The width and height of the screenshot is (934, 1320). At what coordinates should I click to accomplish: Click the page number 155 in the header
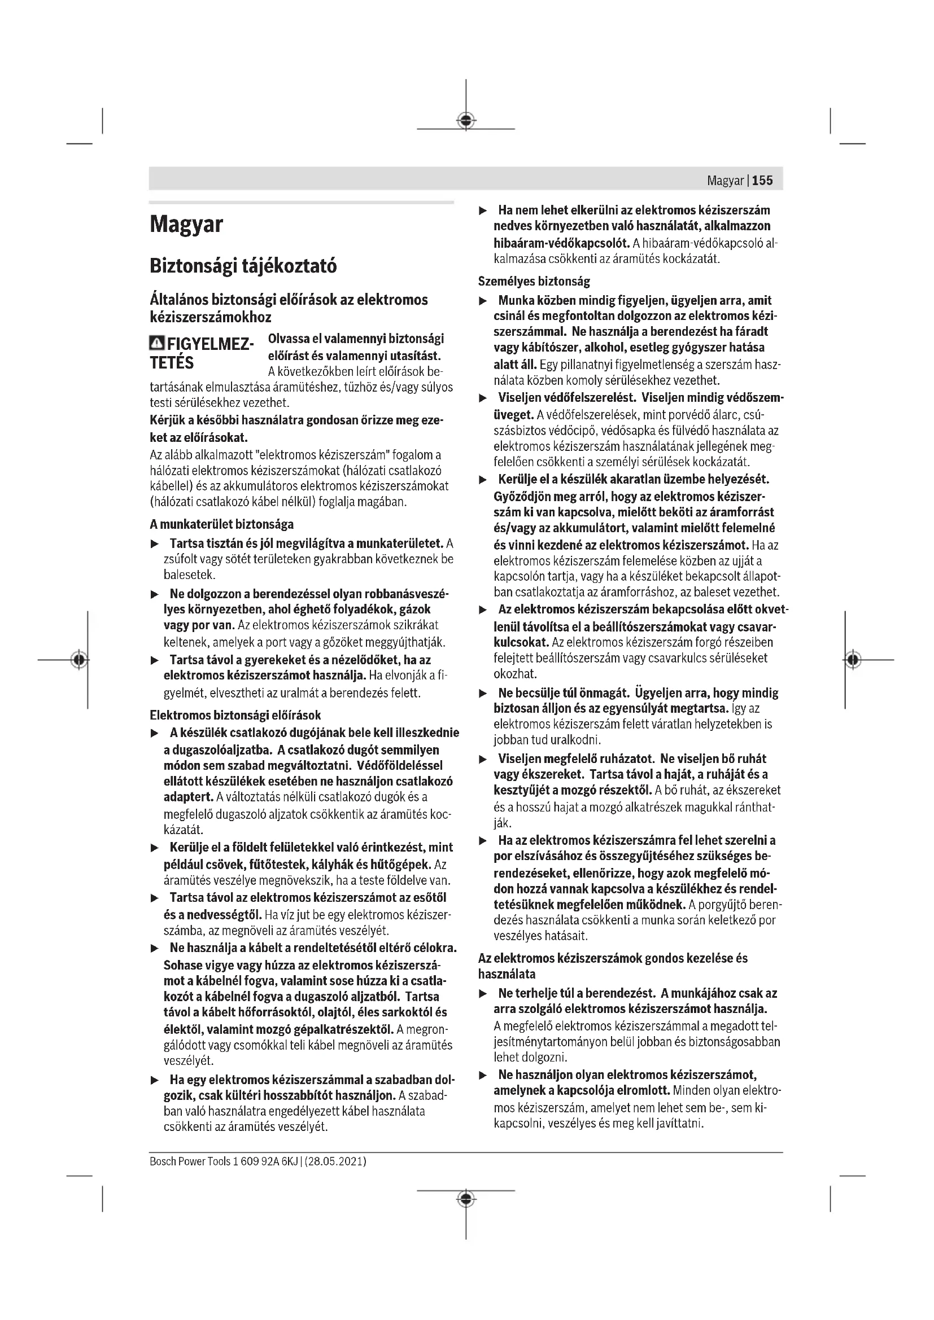click(762, 181)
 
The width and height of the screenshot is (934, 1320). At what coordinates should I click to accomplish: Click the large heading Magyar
click(186, 224)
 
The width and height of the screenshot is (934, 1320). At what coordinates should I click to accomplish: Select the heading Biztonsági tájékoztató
click(243, 266)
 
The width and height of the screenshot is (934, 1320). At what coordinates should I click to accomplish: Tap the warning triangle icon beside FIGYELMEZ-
click(156, 344)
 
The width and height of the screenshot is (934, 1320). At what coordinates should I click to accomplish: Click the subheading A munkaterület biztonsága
click(221, 524)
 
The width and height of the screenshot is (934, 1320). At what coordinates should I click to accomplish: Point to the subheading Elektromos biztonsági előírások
click(235, 715)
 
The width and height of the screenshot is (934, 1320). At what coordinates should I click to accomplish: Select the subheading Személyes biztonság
click(534, 282)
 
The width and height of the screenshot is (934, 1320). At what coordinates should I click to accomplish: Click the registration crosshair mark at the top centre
click(466, 120)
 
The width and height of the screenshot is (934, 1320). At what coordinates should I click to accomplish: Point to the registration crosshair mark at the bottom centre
click(466, 1199)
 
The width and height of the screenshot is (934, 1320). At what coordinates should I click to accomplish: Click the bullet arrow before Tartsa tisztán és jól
click(154, 544)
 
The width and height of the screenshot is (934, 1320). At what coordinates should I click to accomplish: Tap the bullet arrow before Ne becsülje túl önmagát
click(483, 694)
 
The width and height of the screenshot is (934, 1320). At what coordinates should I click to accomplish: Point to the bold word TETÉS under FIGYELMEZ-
click(172, 363)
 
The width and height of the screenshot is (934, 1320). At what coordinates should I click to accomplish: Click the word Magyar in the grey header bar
click(725, 181)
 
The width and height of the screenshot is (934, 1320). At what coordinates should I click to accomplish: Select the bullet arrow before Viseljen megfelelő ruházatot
click(483, 760)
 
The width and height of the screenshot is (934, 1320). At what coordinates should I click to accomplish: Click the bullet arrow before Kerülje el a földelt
click(154, 848)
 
